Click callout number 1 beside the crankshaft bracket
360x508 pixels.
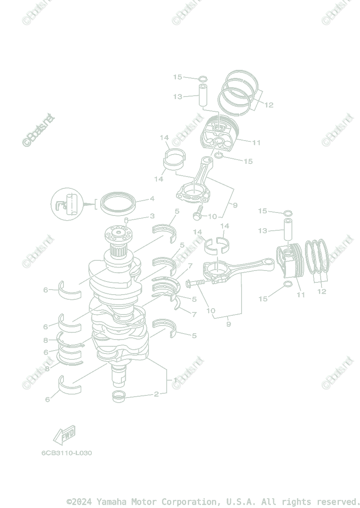pyautogui.click(x=175, y=380)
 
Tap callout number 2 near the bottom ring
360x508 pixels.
pyautogui.click(x=156, y=394)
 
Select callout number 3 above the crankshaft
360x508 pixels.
pyautogui.click(x=152, y=216)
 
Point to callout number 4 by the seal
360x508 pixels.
pyautogui.click(x=151, y=199)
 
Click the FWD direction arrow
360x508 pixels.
pyautogui.click(x=64, y=434)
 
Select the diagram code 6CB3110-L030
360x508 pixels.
pyautogui.click(x=66, y=453)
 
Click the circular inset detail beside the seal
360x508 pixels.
pyautogui.click(x=68, y=202)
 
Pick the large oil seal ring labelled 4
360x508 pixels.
pyautogui.click(x=118, y=202)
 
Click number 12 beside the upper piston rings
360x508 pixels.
pyautogui.click(x=269, y=105)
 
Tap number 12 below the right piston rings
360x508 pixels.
pyautogui.click(x=322, y=291)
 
